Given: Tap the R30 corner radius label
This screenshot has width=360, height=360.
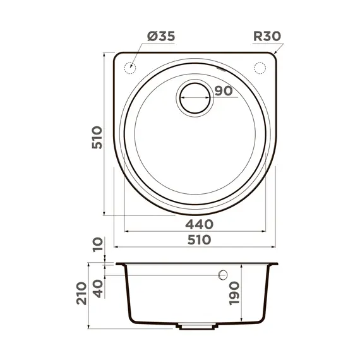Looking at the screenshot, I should coord(267,37).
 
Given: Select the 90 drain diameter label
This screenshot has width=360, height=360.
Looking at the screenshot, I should coord(223,91).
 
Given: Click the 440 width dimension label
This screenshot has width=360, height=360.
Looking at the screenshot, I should coord(199,224).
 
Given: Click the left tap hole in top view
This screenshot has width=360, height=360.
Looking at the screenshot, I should coord(131,66).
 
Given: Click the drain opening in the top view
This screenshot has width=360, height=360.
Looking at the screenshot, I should coord(195,97).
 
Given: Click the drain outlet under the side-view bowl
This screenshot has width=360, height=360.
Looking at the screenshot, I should coord(196,327).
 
